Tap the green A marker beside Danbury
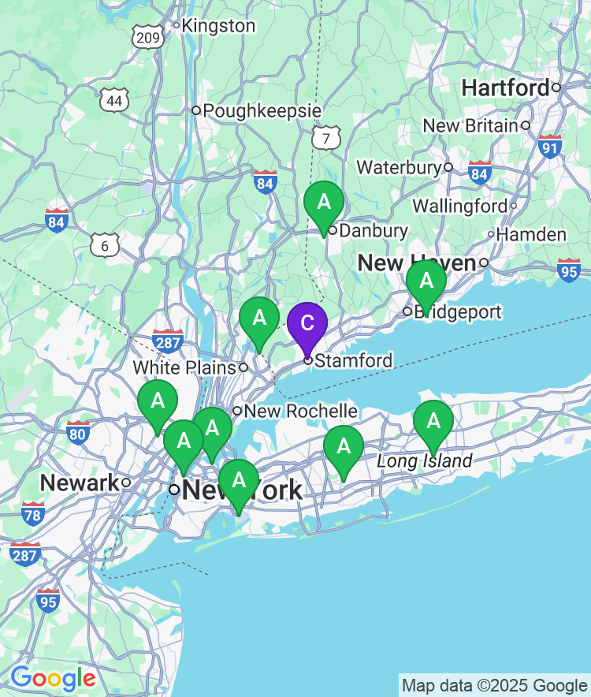pos(324,203)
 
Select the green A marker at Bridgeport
pos(426,281)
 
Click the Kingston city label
pos(218,26)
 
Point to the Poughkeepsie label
pos(262,110)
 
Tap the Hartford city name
pos(505,88)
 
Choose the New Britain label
pos(470,125)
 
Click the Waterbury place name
pos(399,167)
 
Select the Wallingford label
pos(460,206)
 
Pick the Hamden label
pos(531,234)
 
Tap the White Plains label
pos(184,367)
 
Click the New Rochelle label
pos(300,411)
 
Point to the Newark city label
pos(80,483)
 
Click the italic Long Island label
pos(425,461)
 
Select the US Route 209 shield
pos(148,36)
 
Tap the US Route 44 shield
pos(114,100)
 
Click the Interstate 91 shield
pos(550,146)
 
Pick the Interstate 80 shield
pos(77,431)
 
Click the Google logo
pos(53,677)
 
